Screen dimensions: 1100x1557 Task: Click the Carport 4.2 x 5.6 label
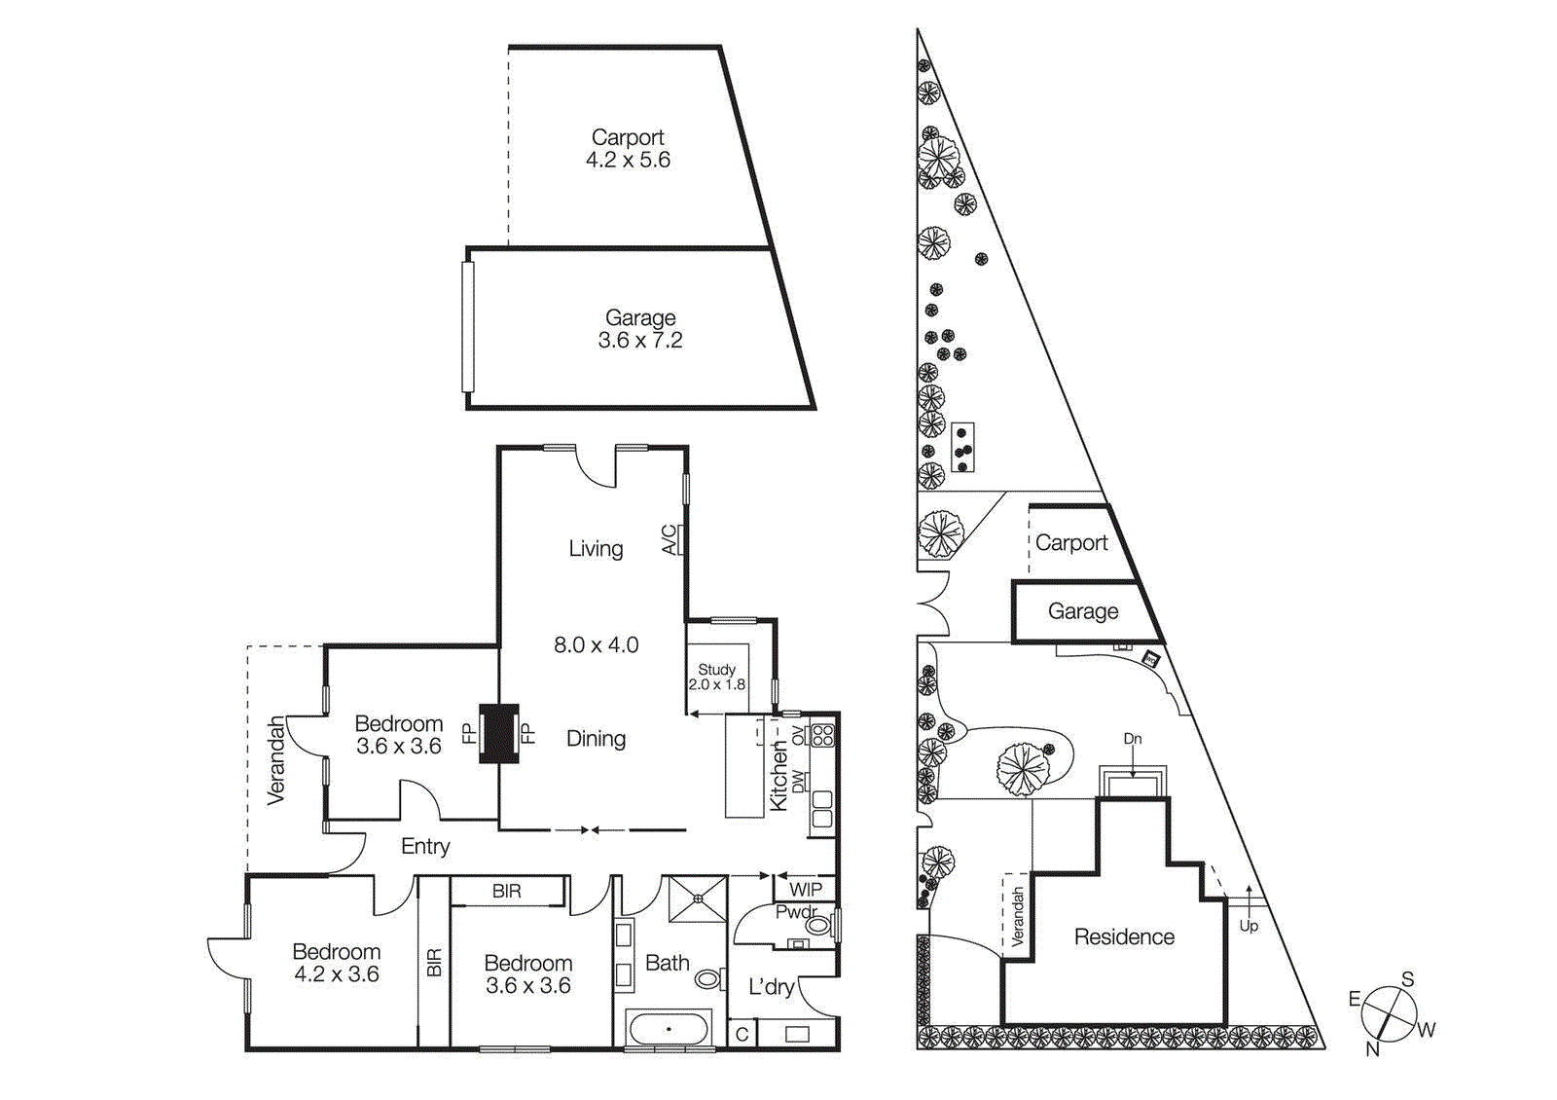pyautogui.click(x=628, y=149)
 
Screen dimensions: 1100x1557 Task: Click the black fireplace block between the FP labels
pyautogui.click(x=499, y=733)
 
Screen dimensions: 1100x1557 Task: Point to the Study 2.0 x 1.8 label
pyautogui.click(x=717, y=677)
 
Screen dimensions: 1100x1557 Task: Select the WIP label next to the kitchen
pyautogui.click(x=805, y=889)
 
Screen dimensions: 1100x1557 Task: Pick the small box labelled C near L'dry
pyautogui.click(x=742, y=1034)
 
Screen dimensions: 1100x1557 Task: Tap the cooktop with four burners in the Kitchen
pyautogui.click(x=823, y=735)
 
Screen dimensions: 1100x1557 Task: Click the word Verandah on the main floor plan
pyautogui.click(x=276, y=760)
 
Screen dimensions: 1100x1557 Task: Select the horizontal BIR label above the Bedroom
pyautogui.click(x=506, y=891)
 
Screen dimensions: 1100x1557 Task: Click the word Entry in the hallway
pyautogui.click(x=425, y=847)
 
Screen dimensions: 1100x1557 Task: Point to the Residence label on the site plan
pyautogui.click(x=1124, y=936)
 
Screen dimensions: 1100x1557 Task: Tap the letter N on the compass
pyautogui.click(x=1372, y=1048)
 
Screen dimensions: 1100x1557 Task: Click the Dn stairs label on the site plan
pyautogui.click(x=1133, y=739)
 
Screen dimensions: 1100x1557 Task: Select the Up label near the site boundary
pyautogui.click(x=1249, y=926)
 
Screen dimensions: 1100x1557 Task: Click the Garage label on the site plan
pyautogui.click(x=1083, y=611)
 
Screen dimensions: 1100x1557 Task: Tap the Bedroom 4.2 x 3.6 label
pyautogui.click(x=337, y=963)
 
